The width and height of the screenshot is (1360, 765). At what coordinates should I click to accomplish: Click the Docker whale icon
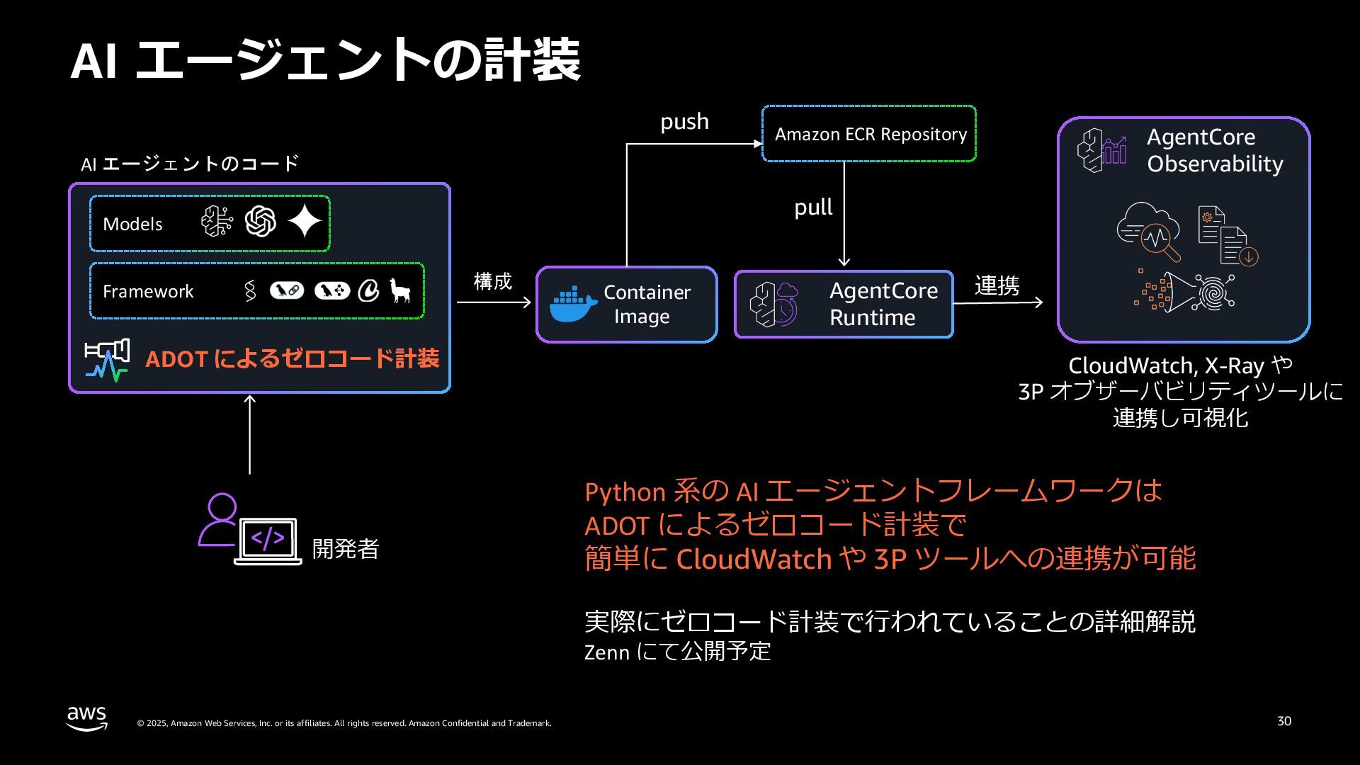(x=573, y=305)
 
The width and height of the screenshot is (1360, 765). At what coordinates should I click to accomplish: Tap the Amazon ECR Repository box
(x=869, y=134)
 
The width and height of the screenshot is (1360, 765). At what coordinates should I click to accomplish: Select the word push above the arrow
(x=684, y=121)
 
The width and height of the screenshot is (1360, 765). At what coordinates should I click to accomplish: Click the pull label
(x=813, y=208)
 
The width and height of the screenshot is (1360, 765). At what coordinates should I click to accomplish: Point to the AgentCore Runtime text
(x=883, y=304)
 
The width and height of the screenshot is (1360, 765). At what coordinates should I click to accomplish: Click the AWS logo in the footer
(x=87, y=718)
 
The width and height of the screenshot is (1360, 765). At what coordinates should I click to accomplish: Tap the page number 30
(x=1284, y=721)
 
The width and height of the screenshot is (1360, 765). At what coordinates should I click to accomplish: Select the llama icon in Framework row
(x=400, y=290)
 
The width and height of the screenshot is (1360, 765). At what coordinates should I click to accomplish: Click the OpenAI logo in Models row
(x=261, y=222)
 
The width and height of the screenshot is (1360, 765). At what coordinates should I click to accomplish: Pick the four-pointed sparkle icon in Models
(x=305, y=222)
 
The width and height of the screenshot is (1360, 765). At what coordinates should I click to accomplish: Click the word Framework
(x=148, y=291)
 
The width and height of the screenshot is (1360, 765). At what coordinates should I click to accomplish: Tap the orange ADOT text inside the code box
(x=292, y=358)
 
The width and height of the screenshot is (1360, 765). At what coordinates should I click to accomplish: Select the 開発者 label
(x=346, y=549)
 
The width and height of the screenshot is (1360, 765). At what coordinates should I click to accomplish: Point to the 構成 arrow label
(x=492, y=281)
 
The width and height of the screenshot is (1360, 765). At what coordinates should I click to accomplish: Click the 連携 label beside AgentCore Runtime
(x=997, y=285)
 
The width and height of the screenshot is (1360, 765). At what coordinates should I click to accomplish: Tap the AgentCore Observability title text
(x=1215, y=150)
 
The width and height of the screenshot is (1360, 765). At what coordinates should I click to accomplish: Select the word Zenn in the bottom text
(x=606, y=652)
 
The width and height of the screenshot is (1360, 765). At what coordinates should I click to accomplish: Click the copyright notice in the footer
(x=344, y=723)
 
